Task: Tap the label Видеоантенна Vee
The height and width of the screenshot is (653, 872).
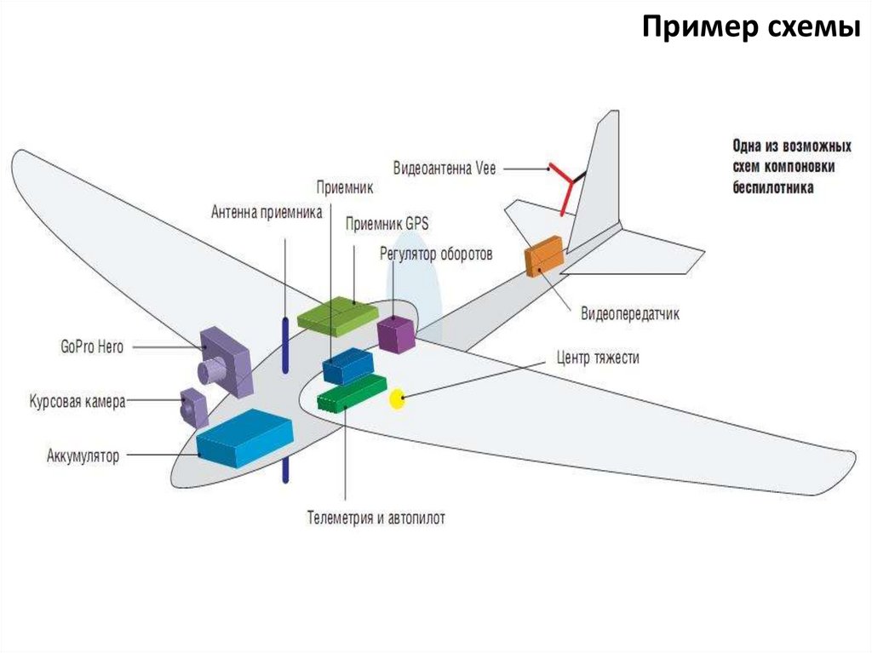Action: click(444, 168)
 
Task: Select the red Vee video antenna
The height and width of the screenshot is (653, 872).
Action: click(564, 185)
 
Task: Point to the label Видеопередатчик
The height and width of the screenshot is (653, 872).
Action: click(630, 314)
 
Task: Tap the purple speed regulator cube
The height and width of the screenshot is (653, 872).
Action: click(396, 334)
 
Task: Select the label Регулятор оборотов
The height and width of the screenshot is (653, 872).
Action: click(436, 254)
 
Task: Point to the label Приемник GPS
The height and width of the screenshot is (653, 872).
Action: click(387, 224)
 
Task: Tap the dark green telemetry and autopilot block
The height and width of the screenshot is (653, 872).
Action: click(351, 392)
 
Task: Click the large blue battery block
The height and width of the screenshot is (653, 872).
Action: click(244, 437)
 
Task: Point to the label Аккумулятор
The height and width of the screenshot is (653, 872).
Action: click(83, 456)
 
